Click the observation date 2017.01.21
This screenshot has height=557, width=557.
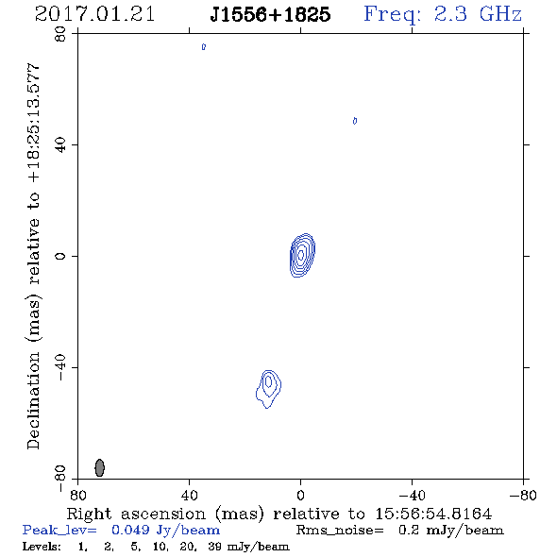(x=94, y=15)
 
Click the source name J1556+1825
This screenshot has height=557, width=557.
(x=270, y=15)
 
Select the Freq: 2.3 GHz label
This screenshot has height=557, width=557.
(x=443, y=15)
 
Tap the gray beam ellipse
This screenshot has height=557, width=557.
(x=100, y=467)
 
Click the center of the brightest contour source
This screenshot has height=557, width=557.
(x=301, y=255)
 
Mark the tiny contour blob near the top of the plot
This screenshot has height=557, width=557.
(x=204, y=46)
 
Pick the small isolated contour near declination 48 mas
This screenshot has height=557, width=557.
(x=355, y=121)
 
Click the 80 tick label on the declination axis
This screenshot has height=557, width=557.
(x=60, y=34)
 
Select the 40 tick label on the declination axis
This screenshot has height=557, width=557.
(x=60, y=145)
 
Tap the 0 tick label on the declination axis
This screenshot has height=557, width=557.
(x=60, y=256)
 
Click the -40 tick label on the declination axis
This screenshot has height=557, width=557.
(x=60, y=367)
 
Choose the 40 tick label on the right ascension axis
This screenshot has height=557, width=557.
(x=189, y=495)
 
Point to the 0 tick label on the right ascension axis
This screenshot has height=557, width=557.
(x=300, y=495)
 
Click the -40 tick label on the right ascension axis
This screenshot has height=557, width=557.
(x=412, y=495)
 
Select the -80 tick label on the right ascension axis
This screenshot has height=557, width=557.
(x=523, y=495)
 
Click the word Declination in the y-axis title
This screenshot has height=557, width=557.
(x=33, y=400)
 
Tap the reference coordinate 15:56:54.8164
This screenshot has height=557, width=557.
(x=433, y=514)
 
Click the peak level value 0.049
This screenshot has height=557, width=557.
(x=130, y=530)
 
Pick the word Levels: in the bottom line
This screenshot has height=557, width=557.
(x=42, y=546)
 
